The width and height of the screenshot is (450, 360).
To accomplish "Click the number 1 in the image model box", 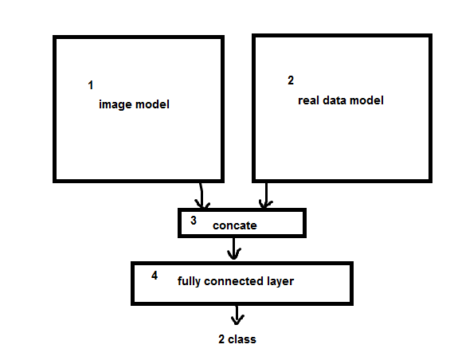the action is click(91, 85).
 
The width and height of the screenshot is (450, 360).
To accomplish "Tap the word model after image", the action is click(152, 104).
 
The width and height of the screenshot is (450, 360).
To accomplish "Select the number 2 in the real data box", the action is click(291, 80).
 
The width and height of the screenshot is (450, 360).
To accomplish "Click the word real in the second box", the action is click(308, 100).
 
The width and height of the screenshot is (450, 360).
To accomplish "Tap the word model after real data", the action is click(366, 100).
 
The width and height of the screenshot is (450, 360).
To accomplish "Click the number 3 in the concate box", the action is click(194, 221).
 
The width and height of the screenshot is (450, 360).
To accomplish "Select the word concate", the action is click(235, 225).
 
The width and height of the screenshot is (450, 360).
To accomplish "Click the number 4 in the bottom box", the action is click(155, 276).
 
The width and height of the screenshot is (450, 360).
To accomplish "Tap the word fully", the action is click(189, 281).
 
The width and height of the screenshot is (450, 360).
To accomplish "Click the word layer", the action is click(280, 281).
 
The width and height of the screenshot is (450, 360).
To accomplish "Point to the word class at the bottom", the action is click(241, 339).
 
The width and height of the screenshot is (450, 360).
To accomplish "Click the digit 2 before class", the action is click(221, 339).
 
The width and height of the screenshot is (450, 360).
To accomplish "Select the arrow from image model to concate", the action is click(202, 195).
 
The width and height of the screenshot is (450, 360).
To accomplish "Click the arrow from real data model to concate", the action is click(266, 195).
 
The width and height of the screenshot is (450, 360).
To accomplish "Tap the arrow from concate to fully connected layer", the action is click(234, 248).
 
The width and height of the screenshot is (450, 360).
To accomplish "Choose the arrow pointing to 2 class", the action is click(237, 315).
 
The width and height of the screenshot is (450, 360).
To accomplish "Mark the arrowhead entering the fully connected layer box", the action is click(234, 256).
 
